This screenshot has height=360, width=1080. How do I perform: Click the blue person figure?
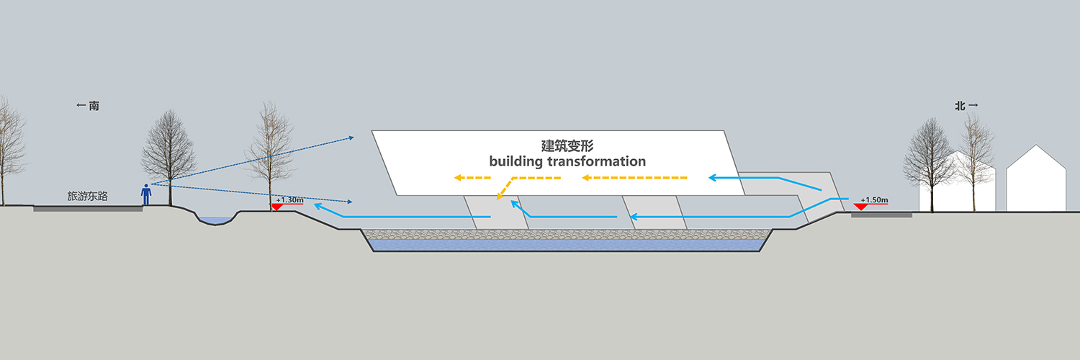(146, 194)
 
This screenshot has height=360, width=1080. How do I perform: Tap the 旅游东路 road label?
(87, 196)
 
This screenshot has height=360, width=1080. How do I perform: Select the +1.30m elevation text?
(289, 199)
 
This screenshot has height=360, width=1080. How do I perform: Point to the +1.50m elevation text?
(874, 199)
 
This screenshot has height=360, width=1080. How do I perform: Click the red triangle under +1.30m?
(276, 207)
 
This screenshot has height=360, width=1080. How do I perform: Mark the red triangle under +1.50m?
(860, 207)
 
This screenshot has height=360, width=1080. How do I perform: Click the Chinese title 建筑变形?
(567, 145)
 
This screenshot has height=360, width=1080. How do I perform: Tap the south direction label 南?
(94, 106)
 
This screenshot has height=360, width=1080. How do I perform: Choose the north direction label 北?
(960, 106)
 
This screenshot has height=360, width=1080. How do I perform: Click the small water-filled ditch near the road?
(217, 221)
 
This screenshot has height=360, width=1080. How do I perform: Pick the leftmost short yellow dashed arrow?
(472, 178)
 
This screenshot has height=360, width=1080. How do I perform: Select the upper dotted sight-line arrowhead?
(351, 138)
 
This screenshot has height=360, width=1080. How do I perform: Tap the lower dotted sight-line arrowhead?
(349, 202)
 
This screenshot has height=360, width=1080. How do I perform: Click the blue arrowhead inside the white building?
(711, 178)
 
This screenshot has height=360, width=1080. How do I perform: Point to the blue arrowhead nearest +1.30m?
(318, 206)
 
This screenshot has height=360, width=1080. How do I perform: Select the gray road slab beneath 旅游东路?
(89, 209)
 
